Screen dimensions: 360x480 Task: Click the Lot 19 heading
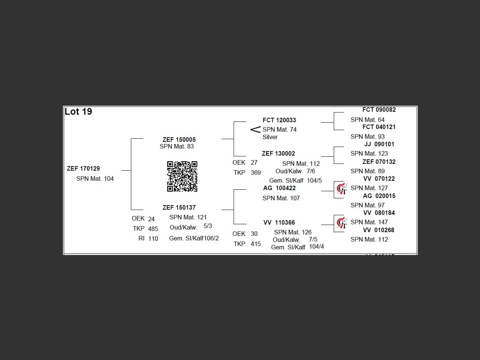pos(78,112)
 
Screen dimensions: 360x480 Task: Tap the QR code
pos(182,176)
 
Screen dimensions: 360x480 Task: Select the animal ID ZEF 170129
pos(83,168)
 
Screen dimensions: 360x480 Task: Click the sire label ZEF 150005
pos(179,139)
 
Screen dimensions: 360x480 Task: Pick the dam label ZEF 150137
pos(179,207)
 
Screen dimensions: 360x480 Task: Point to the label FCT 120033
pos(279,120)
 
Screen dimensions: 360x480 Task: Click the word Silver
pos(270,137)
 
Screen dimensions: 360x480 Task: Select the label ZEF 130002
pos(278,153)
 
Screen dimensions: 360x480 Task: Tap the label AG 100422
pos(279,188)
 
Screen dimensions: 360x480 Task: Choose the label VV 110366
pos(279,222)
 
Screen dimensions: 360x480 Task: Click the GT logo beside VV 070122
pos(341,189)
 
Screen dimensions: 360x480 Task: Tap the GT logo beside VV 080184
pos(341,223)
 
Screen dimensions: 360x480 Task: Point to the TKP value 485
pos(153,229)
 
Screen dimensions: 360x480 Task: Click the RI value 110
pos(153,238)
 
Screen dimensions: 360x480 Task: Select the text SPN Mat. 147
pos(369,222)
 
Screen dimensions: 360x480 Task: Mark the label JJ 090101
pos(379,144)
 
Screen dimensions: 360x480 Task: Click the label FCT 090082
pos(379,109)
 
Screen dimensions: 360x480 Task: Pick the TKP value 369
pos(256,172)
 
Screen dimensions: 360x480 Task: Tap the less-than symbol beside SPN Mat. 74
pos(255,130)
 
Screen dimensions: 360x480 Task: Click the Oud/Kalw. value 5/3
pos(208,226)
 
